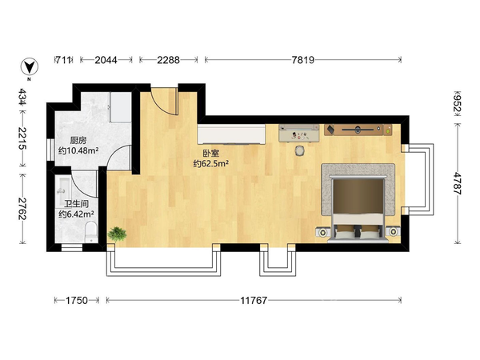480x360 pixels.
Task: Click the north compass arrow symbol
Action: (30, 66)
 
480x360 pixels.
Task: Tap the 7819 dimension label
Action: (302, 60)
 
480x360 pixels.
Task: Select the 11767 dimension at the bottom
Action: (254, 301)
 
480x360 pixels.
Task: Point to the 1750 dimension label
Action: (77, 301)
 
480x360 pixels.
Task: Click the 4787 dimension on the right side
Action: (458, 183)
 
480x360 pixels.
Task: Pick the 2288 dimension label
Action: (168, 60)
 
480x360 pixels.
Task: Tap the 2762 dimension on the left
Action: (22, 209)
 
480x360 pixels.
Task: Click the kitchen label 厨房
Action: (78, 141)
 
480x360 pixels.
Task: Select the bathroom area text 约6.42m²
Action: (76, 214)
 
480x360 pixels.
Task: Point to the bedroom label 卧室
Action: (211, 154)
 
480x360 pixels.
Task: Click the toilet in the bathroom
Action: (90, 232)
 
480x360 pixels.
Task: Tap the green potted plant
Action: (117, 234)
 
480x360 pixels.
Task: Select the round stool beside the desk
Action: (300, 150)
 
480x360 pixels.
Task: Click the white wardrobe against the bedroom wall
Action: (231, 134)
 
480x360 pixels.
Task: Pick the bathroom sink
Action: (64, 188)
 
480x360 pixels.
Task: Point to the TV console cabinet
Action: (358, 130)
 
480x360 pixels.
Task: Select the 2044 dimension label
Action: (106, 60)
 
